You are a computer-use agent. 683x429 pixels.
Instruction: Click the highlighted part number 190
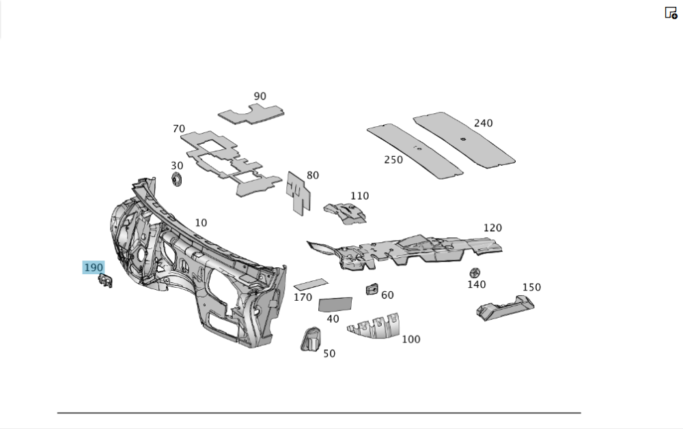(x=93, y=267)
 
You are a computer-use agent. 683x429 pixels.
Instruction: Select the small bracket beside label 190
(x=105, y=280)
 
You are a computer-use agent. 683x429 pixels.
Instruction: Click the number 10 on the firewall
(x=200, y=223)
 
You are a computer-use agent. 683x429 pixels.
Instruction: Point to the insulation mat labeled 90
(x=252, y=113)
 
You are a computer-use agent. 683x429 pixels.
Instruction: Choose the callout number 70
(x=179, y=128)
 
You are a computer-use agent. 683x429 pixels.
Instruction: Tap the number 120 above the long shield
(x=492, y=228)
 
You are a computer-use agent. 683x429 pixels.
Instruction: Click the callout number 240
(x=483, y=123)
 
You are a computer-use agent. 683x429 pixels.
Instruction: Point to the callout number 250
(x=393, y=160)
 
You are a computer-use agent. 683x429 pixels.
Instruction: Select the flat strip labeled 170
(x=311, y=283)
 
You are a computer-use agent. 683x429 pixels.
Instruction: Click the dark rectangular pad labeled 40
(x=335, y=304)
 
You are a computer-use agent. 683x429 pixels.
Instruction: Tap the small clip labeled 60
(x=372, y=289)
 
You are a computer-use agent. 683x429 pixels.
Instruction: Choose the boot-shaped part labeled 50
(x=311, y=339)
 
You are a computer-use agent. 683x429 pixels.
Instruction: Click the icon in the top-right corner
(x=671, y=12)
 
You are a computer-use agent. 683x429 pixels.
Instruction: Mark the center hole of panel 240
(x=462, y=140)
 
